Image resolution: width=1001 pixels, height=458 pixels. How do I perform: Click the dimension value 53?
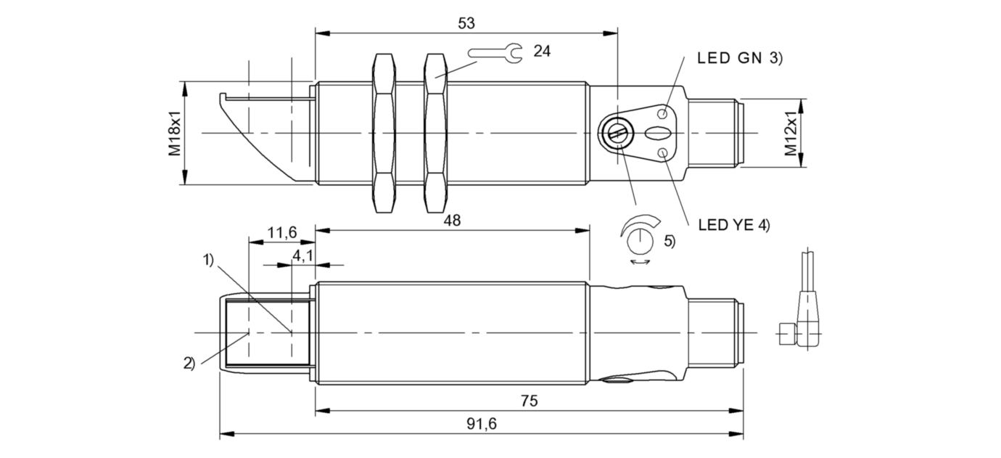[x=466, y=23]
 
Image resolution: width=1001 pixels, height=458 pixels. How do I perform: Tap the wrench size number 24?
[x=542, y=52]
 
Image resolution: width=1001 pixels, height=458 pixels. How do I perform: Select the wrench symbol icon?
[x=495, y=53]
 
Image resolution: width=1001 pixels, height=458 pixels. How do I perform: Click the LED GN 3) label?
[x=740, y=58]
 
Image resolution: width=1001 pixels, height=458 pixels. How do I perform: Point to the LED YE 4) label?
[x=734, y=225]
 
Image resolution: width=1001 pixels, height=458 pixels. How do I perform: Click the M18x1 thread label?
[x=175, y=134]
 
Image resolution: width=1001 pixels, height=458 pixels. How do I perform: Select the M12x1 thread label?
[x=791, y=134]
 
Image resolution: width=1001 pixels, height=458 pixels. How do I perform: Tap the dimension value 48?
[x=452, y=221]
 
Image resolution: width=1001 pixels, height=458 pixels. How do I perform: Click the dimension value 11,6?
[x=282, y=232]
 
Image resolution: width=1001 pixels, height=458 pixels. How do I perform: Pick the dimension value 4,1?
[x=302, y=255]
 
